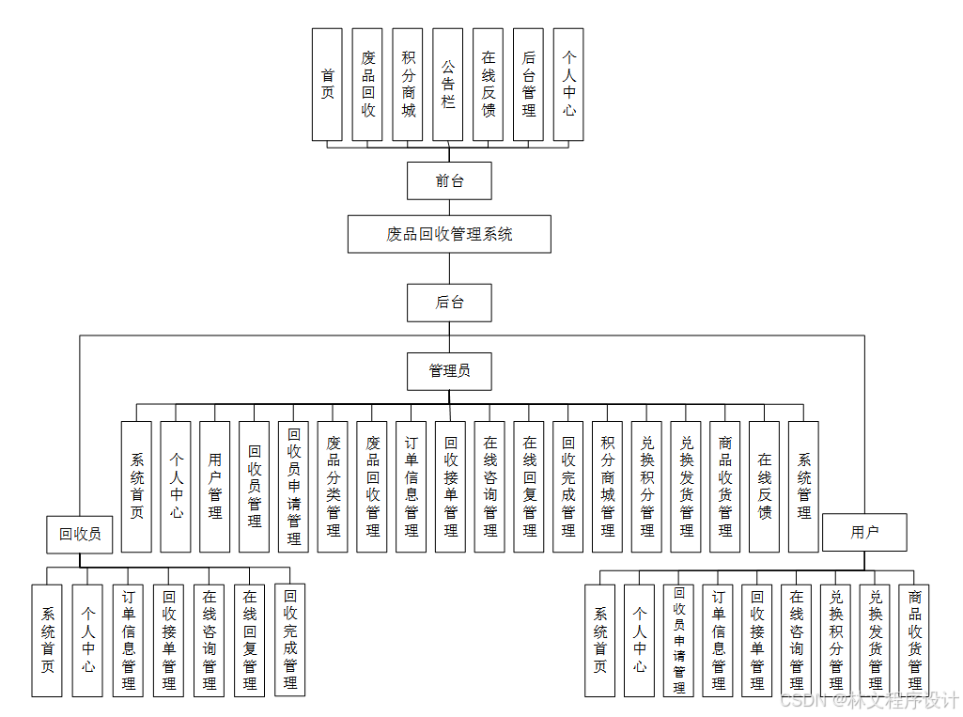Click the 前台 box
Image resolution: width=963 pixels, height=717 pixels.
point(449,180)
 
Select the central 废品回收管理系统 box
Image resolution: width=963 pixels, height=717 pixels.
point(449,234)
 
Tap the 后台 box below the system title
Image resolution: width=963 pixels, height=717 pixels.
point(449,303)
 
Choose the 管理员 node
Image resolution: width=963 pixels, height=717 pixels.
point(449,370)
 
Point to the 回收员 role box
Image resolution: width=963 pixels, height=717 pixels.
point(80,534)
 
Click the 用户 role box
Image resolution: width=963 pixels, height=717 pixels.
point(864,532)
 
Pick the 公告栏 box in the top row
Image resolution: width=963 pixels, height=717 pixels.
point(448,84)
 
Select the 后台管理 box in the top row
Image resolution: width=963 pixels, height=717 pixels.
point(529,84)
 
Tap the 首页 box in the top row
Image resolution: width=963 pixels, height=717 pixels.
point(327,84)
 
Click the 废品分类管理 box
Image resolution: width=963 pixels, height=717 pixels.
point(334,486)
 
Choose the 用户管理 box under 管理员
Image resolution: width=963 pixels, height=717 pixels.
point(215,486)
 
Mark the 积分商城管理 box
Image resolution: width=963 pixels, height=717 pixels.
point(608,486)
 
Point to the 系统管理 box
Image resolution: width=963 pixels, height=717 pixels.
point(804,486)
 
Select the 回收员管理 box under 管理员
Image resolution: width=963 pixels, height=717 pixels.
point(255,486)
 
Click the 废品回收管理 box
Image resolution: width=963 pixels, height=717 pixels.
point(373,486)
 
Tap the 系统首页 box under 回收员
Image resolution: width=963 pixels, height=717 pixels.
point(47,639)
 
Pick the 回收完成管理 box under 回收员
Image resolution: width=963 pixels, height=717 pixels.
point(290,639)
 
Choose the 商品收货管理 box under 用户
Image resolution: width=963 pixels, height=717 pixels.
point(915,639)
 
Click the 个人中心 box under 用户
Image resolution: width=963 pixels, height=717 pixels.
point(640,639)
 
